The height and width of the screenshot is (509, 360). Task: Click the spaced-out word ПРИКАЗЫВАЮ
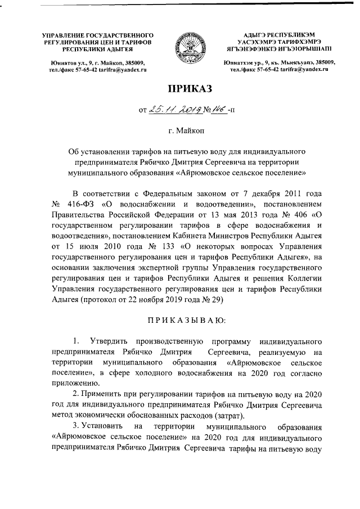(x=179, y=320)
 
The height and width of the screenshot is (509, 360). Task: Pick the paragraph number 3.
(x=76, y=426)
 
